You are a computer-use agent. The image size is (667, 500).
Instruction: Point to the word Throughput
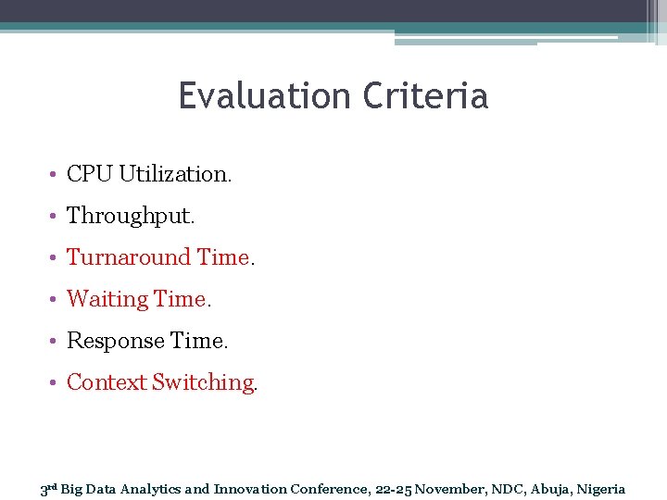[131, 216]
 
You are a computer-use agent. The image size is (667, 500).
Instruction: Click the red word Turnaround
[129, 257]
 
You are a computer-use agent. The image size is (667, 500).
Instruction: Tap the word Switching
[204, 382]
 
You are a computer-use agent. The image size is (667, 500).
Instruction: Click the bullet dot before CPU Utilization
[56, 175]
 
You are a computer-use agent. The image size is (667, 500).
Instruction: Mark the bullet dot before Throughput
[56, 217]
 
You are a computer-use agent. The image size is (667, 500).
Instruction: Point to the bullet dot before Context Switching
[56, 383]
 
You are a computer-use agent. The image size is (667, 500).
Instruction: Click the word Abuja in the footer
[549, 489]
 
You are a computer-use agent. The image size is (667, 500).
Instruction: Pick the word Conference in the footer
[330, 489]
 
